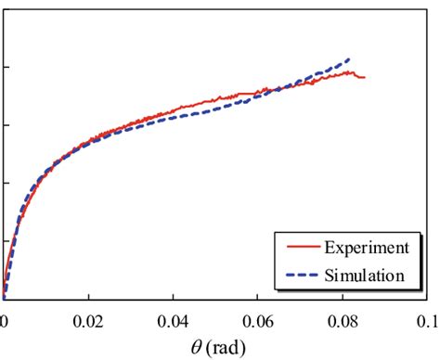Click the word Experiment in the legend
point(366,248)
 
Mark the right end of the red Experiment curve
point(364,77)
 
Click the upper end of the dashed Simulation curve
point(349,58)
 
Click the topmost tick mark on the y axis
point(6,68)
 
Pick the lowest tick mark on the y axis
point(6,240)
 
